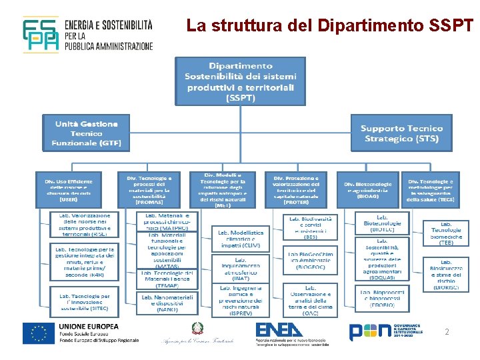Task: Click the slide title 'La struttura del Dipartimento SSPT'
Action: point(330,27)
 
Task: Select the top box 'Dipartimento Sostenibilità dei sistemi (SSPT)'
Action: point(240,81)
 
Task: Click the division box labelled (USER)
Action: point(73,189)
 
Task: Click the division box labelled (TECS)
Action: point(431,189)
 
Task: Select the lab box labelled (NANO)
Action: point(167,302)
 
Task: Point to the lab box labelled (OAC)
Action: point(310,299)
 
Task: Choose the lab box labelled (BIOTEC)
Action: point(382,223)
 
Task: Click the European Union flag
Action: point(39,333)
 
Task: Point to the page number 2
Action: point(447,331)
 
